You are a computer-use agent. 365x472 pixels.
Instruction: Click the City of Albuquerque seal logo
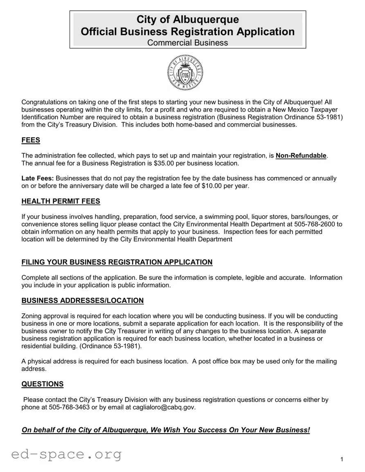(x=185, y=73)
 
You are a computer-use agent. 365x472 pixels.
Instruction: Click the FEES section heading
(x=31, y=140)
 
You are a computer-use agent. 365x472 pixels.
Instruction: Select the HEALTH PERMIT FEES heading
(x=61, y=201)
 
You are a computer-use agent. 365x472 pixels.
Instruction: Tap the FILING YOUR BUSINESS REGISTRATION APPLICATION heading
(x=117, y=262)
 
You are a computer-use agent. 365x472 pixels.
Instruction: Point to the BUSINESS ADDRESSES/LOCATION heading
(x=82, y=301)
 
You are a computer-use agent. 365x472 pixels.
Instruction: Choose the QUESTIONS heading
(x=42, y=384)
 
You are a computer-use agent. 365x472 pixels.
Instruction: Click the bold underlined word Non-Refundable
(x=301, y=155)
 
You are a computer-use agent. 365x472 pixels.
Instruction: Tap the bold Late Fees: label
(x=38, y=178)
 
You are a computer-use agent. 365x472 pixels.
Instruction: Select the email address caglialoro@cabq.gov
(x=161, y=407)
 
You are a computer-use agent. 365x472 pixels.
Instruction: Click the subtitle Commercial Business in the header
(x=187, y=43)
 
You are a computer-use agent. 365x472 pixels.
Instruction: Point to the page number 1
(x=342, y=460)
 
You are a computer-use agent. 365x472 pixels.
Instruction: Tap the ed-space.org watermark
(x=67, y=454)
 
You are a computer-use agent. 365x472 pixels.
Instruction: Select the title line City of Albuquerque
(x=187, y=19)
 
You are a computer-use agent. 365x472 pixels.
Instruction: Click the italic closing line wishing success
(x=166, y=430)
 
